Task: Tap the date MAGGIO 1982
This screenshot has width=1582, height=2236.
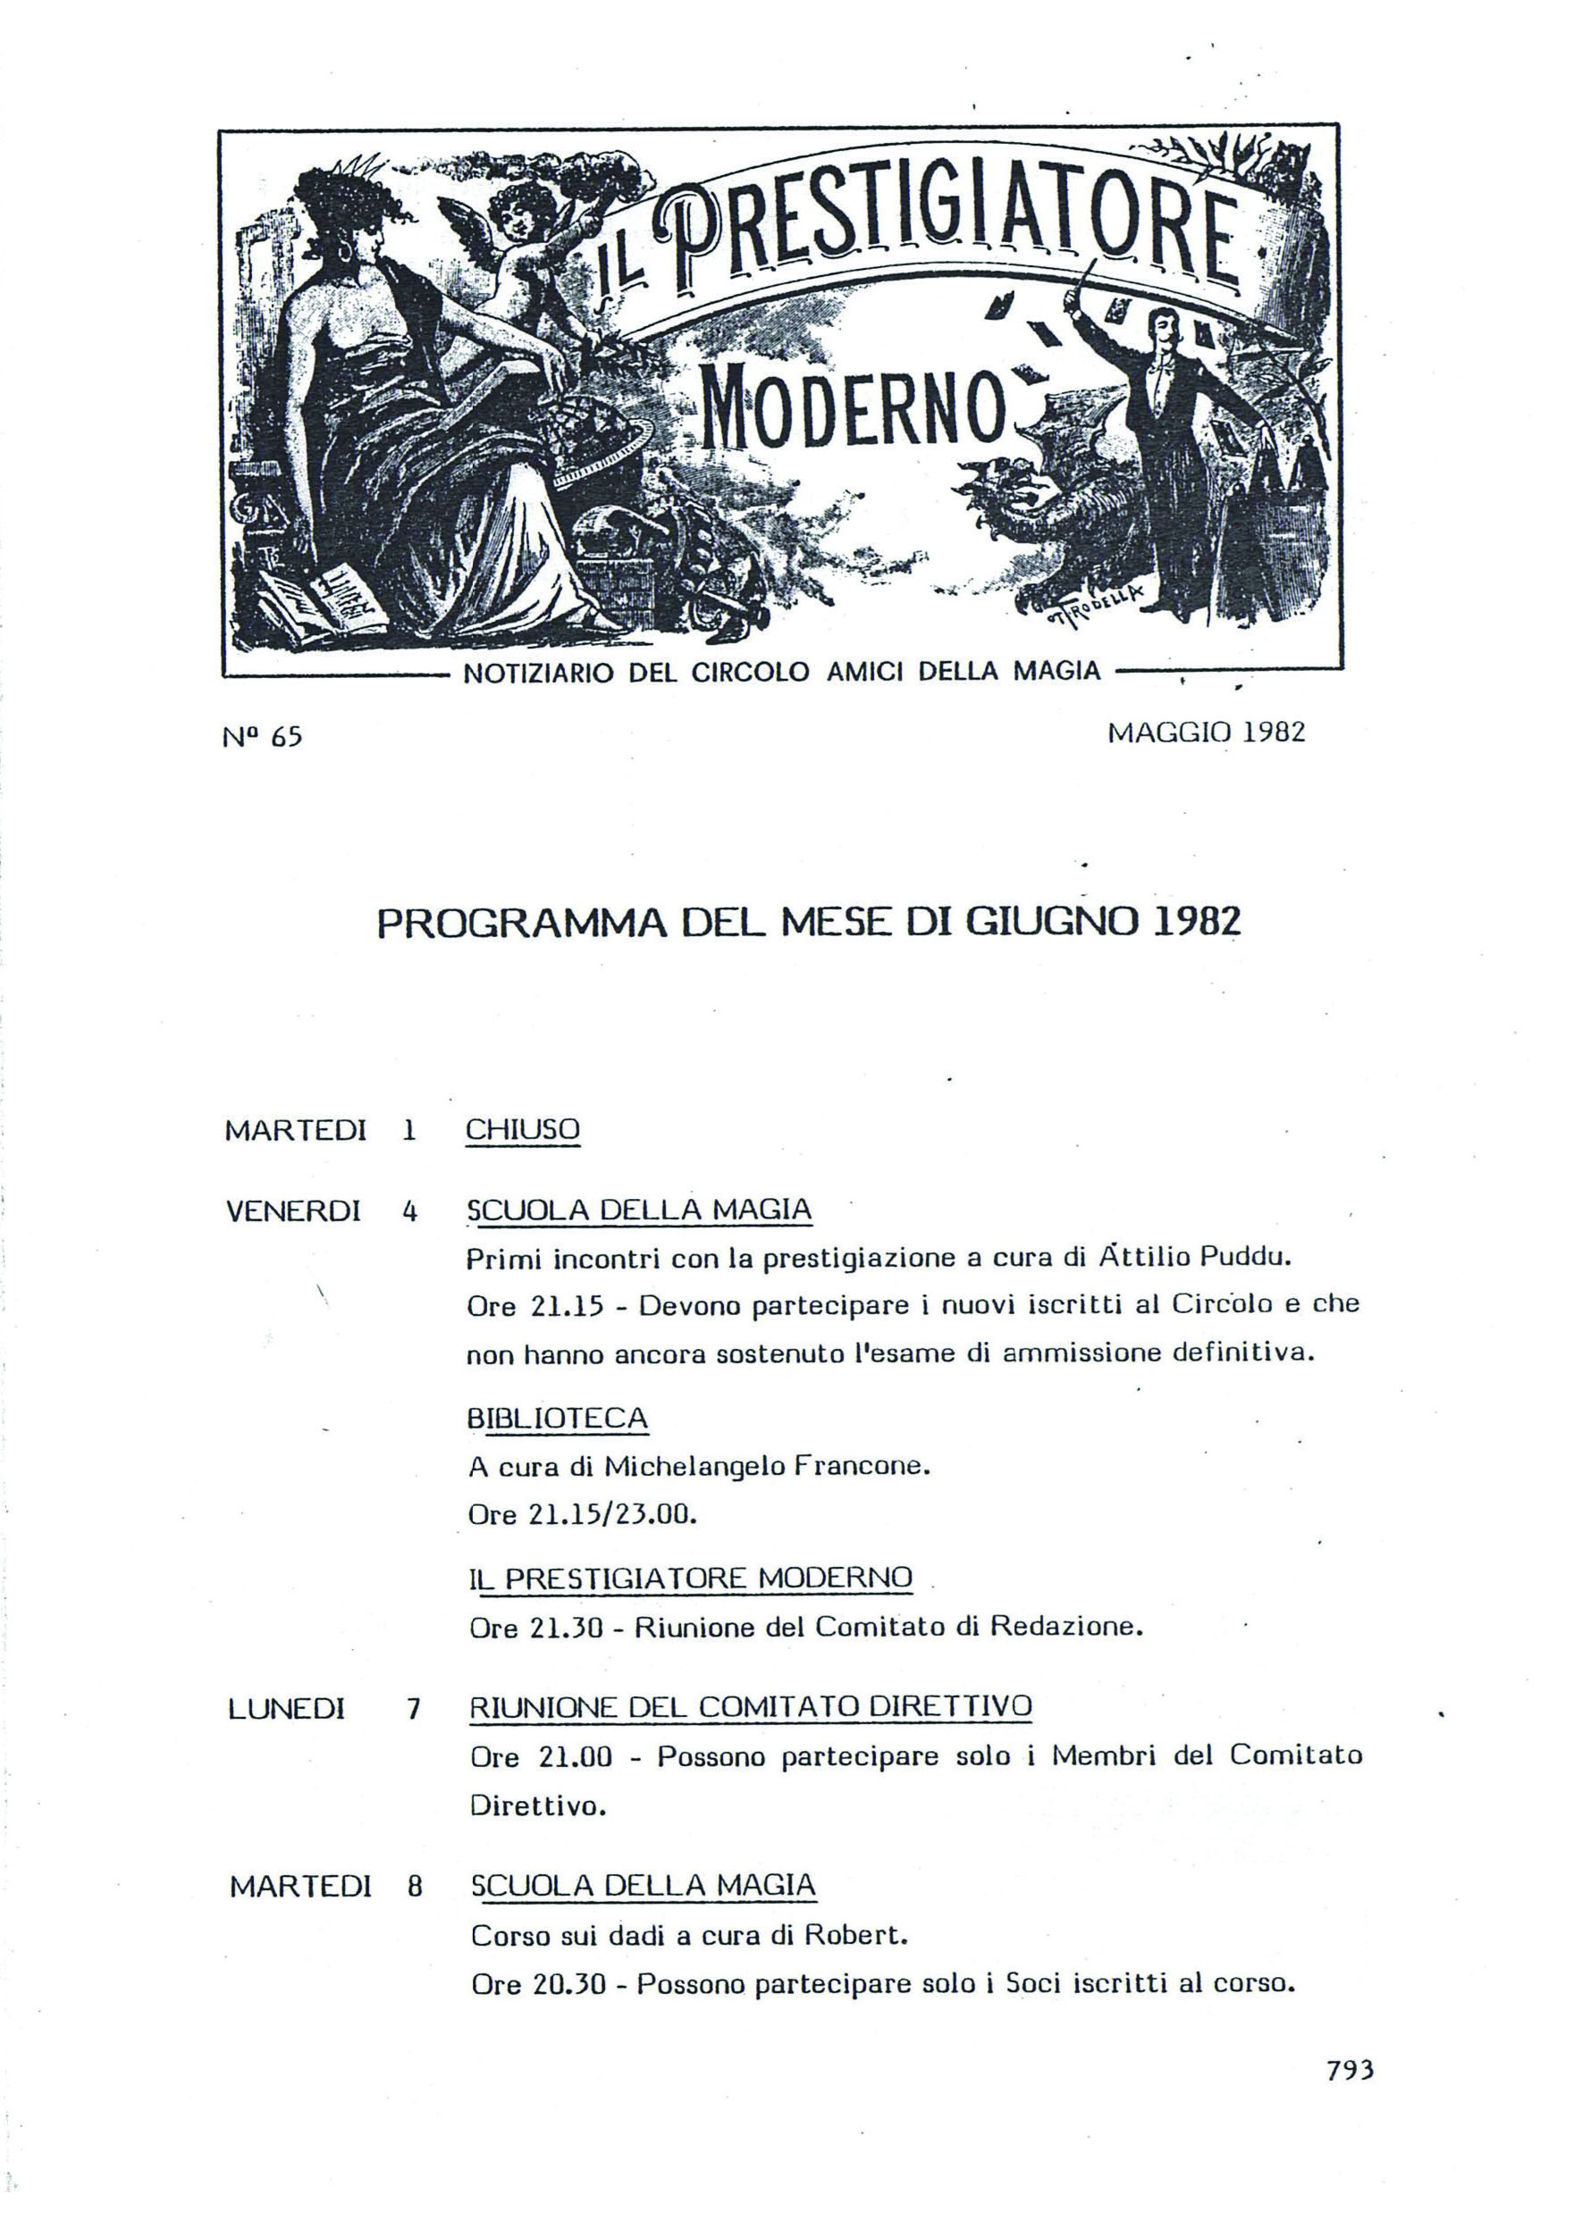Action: (1206, 733)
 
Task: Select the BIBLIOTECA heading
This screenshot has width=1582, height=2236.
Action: (557, 1418)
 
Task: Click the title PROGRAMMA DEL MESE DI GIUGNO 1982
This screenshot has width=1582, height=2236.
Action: (809, 923)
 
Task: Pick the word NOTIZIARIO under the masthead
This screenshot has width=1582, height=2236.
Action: (538, 672)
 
